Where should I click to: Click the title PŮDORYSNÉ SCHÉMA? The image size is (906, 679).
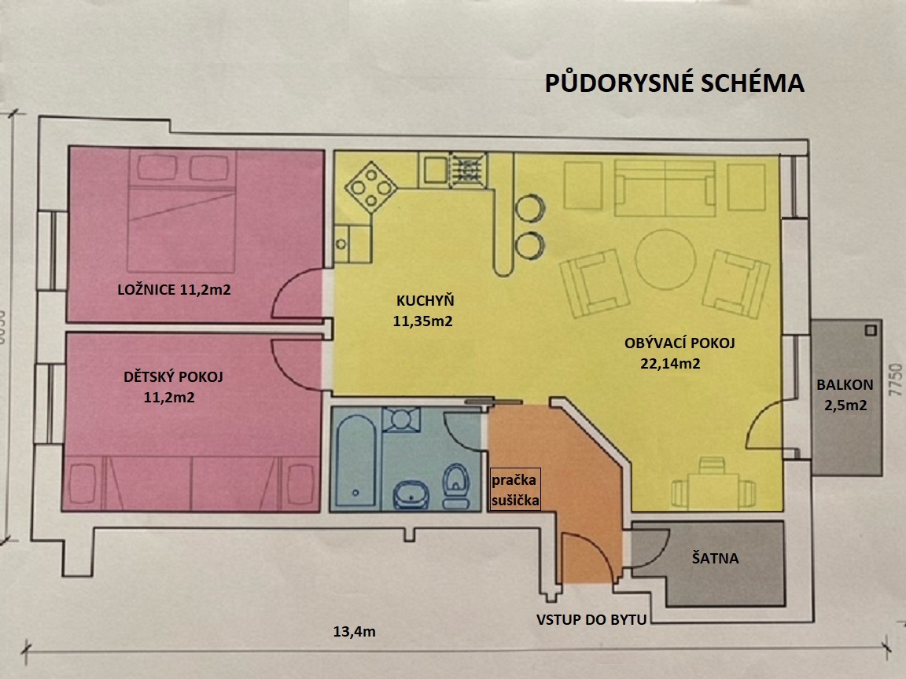coord(674,83)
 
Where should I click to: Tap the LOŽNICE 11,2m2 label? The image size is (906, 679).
coord(174,289)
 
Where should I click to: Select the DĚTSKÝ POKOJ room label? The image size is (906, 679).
coord(173,377)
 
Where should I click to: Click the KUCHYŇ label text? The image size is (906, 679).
coord(425,300)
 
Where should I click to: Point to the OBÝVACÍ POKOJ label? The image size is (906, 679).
coord(679,343)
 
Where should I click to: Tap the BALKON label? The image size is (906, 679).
coord(845,384)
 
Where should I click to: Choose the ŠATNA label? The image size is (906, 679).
coord(716,558)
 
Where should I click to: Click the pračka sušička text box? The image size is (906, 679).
coord(515,490)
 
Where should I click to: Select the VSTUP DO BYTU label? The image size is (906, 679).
coord(591,619)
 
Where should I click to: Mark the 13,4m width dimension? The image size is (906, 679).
coord(354,632)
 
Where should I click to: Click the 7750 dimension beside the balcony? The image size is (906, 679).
coord(895,380)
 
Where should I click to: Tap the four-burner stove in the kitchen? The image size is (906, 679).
coord(370,187)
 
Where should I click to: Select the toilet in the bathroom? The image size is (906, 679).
coord(456,486)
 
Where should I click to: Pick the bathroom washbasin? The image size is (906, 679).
coord(411,495)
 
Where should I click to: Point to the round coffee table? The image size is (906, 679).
coord(665,259)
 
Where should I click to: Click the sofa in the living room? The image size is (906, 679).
coord(665,189)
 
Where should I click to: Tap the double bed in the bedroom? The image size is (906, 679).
coord(182,211)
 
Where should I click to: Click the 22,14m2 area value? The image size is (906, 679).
coord(670,364)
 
